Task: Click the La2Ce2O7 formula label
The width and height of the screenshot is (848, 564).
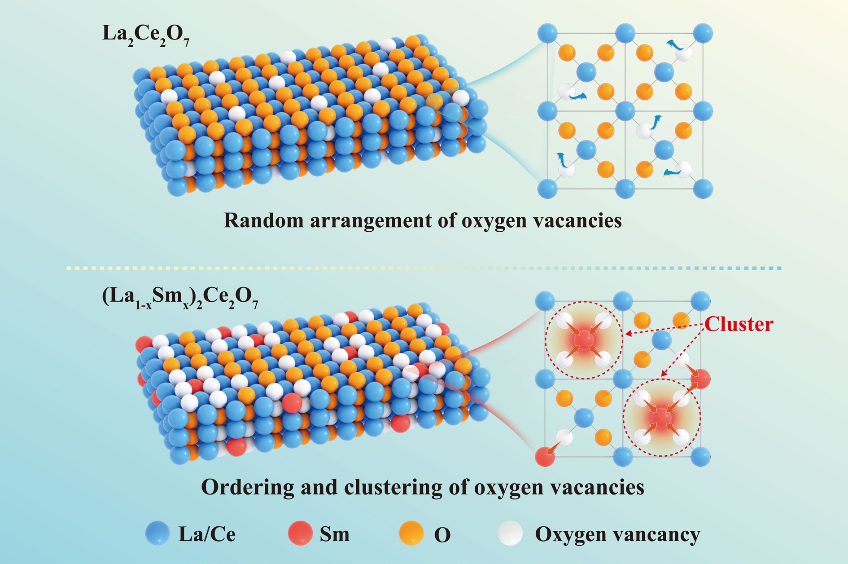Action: tap(145, 35)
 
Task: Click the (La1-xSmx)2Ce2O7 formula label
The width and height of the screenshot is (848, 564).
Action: tap(180, 298)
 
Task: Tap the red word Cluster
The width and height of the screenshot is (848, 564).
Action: tap(739, 324)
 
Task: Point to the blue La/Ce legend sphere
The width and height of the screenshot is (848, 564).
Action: tap(157, 533)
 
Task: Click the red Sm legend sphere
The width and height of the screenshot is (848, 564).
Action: tap(299, 533)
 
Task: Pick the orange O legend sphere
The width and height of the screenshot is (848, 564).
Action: tap(411, 533)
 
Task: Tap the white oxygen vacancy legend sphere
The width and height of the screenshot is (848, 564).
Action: tap(510, 533)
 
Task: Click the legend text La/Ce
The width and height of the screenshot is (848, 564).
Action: tap(207, 534)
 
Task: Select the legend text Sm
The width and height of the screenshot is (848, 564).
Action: tap(334, 534)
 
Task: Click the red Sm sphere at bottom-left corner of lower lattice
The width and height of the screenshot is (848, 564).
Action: tap(545, 457)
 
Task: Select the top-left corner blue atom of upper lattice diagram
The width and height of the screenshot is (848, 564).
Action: tap(547, 34)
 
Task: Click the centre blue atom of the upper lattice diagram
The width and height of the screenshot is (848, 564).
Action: tap(625, 110)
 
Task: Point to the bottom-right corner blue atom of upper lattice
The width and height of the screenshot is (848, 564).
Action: tap(703, 188)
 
